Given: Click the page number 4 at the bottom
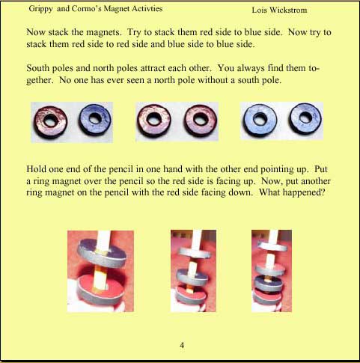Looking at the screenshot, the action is pyautogui.click(x=182, y=345).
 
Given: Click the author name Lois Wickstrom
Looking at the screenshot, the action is pyautogui.click(x=279, y=10).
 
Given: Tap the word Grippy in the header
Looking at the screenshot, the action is pyautogui.click(x=40, y=9).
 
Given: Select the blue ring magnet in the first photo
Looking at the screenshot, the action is pyautogui.click(x=95, y=119).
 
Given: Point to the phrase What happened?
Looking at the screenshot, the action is pyautogui.click(x=292, y=192).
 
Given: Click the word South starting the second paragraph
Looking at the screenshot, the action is pyautogui.click(x=37, y=68).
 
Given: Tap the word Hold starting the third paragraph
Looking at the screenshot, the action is pyautogui.click(x=36, y=169).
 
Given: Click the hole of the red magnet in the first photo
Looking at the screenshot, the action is pyautogui.click(x=50, y=121).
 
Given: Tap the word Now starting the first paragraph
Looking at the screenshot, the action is pyautogui.click(x=35, y=32).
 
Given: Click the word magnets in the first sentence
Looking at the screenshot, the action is pyautogui.click(x=103, y=32).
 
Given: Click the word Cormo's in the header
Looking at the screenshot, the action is pyautogui.click(x=86, y=8).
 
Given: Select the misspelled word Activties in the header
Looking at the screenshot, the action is pyautogui.click(x=147, y=8).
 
